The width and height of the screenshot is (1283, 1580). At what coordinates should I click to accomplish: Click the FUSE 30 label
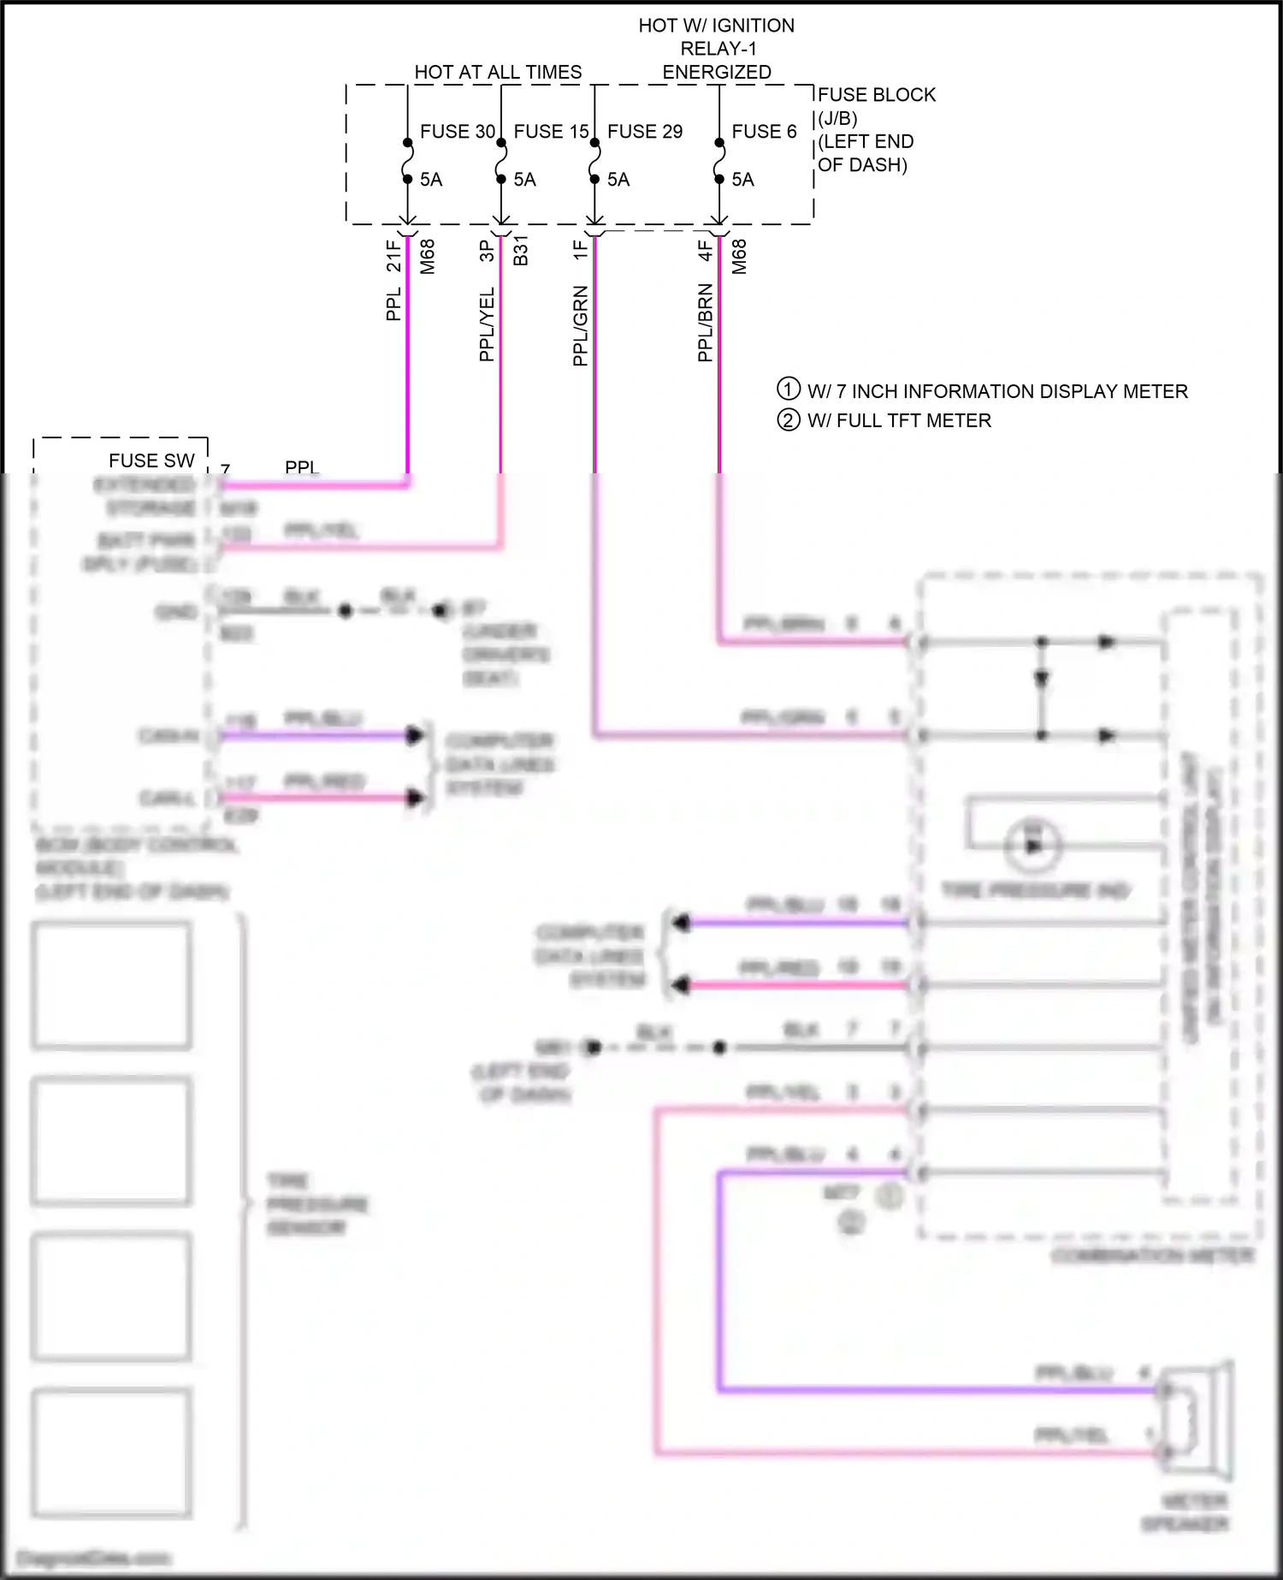[x=458, y=132]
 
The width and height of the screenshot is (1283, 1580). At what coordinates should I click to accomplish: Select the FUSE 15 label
[x=551, y=132]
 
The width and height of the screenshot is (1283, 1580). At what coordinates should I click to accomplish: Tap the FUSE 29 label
[x=645, y=132]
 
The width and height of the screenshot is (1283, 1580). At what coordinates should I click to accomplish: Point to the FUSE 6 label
[x=764, y=132]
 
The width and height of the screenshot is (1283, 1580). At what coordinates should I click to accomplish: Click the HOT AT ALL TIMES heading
[x=498, y=73]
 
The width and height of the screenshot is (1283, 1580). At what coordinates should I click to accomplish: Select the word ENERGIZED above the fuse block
[x=717, y=73]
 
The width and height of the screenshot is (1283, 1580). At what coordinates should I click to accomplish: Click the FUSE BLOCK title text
[x=877, y=95]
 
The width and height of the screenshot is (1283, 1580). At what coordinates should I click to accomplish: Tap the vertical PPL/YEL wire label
[x=487, y=324]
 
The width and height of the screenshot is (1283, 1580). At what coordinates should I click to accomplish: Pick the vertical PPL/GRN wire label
[x=581, y=326]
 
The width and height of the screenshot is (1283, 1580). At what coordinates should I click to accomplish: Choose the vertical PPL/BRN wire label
[x=705, y=323]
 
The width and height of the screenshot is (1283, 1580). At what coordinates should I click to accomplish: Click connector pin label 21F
[x=393, y=255]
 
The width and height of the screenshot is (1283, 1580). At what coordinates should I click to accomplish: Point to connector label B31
[x=520, y=251]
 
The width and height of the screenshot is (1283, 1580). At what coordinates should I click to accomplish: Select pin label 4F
[x=705, y=251]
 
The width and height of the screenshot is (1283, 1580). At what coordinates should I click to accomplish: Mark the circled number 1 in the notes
[x=788, y=389]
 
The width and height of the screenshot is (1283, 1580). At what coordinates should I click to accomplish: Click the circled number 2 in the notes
[x=788, y=420]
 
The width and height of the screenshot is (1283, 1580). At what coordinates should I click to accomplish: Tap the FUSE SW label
[x=151, y=460]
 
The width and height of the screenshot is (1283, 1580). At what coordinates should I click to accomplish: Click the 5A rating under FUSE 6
[x=742, y=180]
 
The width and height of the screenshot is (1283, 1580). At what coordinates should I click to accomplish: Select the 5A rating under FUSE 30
[x=431, y=180]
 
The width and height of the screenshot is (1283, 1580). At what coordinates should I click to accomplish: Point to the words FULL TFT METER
[x=913, y=421]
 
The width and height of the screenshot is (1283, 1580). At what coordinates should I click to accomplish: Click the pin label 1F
[x=581, y=250]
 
